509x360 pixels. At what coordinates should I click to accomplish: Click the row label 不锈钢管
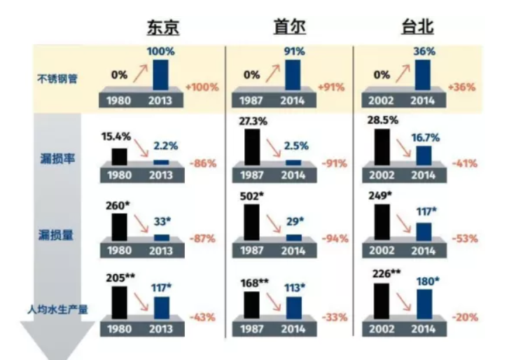coord(57,79)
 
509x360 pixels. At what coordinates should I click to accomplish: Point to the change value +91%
coord(333,88)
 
